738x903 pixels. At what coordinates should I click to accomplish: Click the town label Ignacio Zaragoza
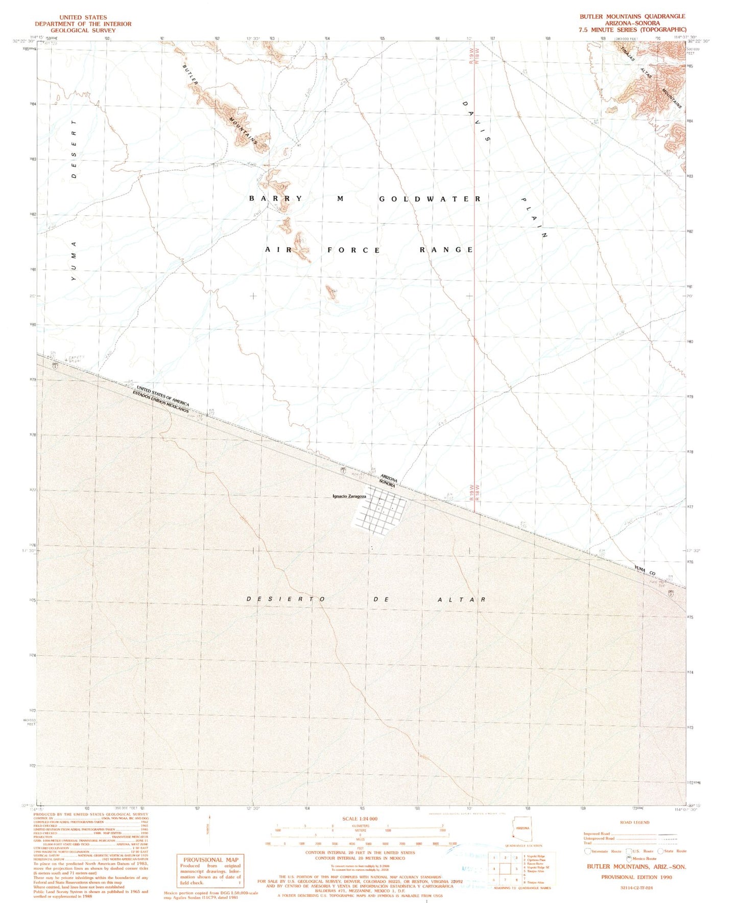tap(349, 496)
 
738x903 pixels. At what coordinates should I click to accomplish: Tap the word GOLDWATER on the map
tap(430, 199)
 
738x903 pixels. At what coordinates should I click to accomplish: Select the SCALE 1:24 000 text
tap(360, 819)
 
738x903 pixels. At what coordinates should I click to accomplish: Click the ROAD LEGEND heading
tap(634, 822)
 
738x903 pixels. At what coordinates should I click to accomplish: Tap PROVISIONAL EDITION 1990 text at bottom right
tap(636, 877)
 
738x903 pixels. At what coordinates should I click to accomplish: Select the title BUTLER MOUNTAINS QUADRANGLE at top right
tap(632, 16)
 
